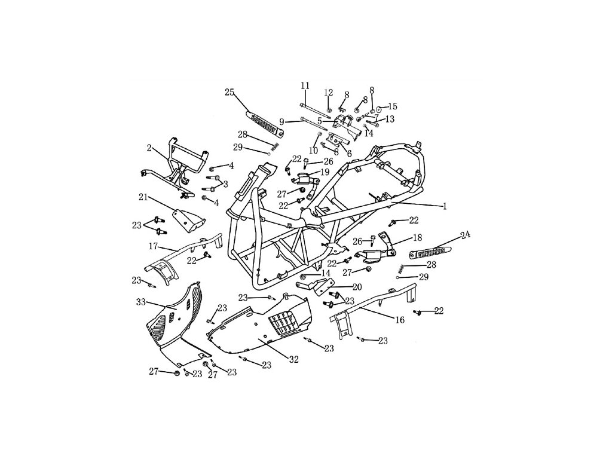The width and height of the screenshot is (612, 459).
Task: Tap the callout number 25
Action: coord(229,91)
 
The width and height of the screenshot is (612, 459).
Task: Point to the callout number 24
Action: coord(465,235)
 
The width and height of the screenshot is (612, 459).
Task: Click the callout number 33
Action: coord(140,302)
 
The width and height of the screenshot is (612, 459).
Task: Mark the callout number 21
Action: coord(143,197)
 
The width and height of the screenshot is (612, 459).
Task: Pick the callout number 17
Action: coord(153,246)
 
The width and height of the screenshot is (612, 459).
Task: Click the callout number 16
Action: coord(400,320)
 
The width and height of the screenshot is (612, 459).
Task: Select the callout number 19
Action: coord(325,172)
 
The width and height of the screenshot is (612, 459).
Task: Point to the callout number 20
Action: coord(357,286)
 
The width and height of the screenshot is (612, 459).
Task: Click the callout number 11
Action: coord(305,86)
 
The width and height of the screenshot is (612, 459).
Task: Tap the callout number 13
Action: coord(390,119)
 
